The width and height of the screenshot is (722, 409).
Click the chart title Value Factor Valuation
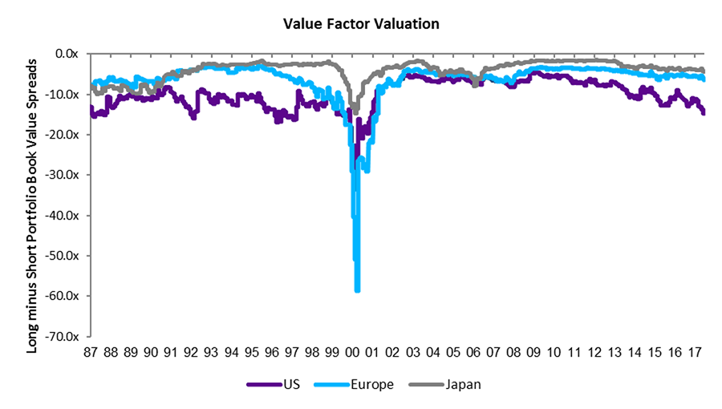tap(361, 24)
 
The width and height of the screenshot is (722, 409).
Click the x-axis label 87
tap(91, 352)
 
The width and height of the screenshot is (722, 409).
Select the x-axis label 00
tap(353, 352)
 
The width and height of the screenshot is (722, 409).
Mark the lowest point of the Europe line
tap(358, 290)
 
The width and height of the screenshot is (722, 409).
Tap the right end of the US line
tap(704, 113)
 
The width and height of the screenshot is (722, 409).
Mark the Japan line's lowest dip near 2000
tap(355, 111)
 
